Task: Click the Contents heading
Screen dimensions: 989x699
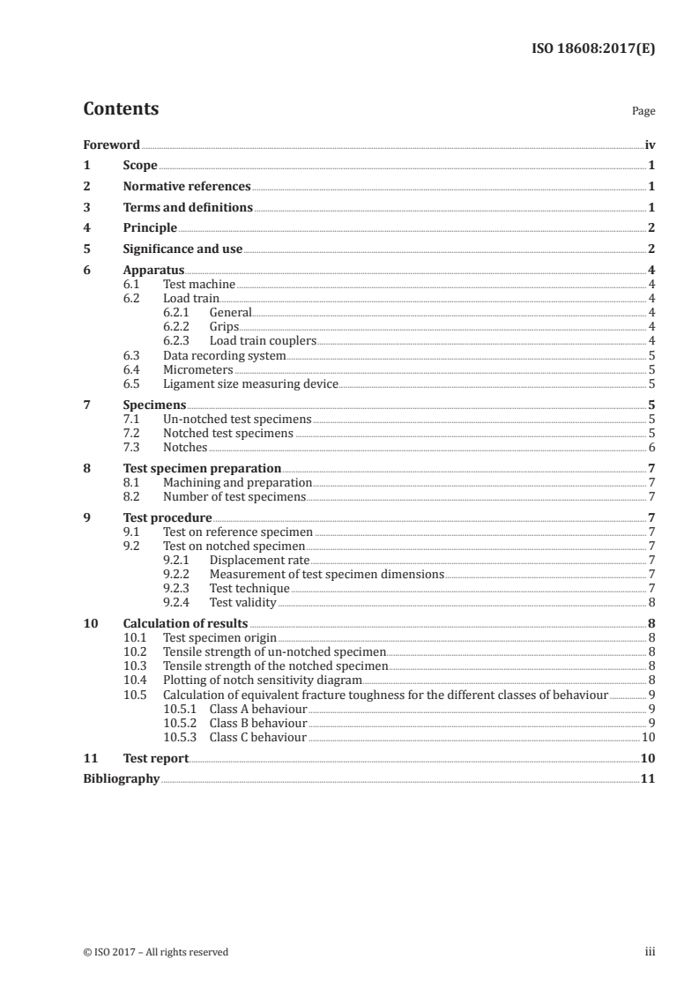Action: (121, 109)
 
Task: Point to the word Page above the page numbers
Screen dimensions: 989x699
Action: (643, 112)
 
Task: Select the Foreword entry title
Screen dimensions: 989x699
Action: (111, 145)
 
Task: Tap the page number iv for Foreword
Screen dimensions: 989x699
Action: (650, 145)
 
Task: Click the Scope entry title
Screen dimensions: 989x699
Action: (140, 166)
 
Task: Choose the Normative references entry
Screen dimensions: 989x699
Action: (187, 187)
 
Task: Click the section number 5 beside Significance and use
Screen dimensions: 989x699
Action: (86, 249)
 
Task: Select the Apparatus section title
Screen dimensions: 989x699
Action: (153, 271)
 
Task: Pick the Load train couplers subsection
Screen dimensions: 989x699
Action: (263, 340)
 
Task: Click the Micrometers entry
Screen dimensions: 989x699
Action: (198, 369)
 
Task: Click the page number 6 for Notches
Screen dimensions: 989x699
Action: (651, 447)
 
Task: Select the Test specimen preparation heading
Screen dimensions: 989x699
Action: (202, 468)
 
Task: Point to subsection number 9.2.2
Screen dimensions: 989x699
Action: (180, 574)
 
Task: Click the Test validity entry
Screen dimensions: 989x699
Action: (242, 602)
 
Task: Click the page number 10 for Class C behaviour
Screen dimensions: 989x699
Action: (648, 736)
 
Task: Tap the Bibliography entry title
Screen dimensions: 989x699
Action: (121, 778)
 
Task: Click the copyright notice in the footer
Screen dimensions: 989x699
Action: (155, 952)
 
